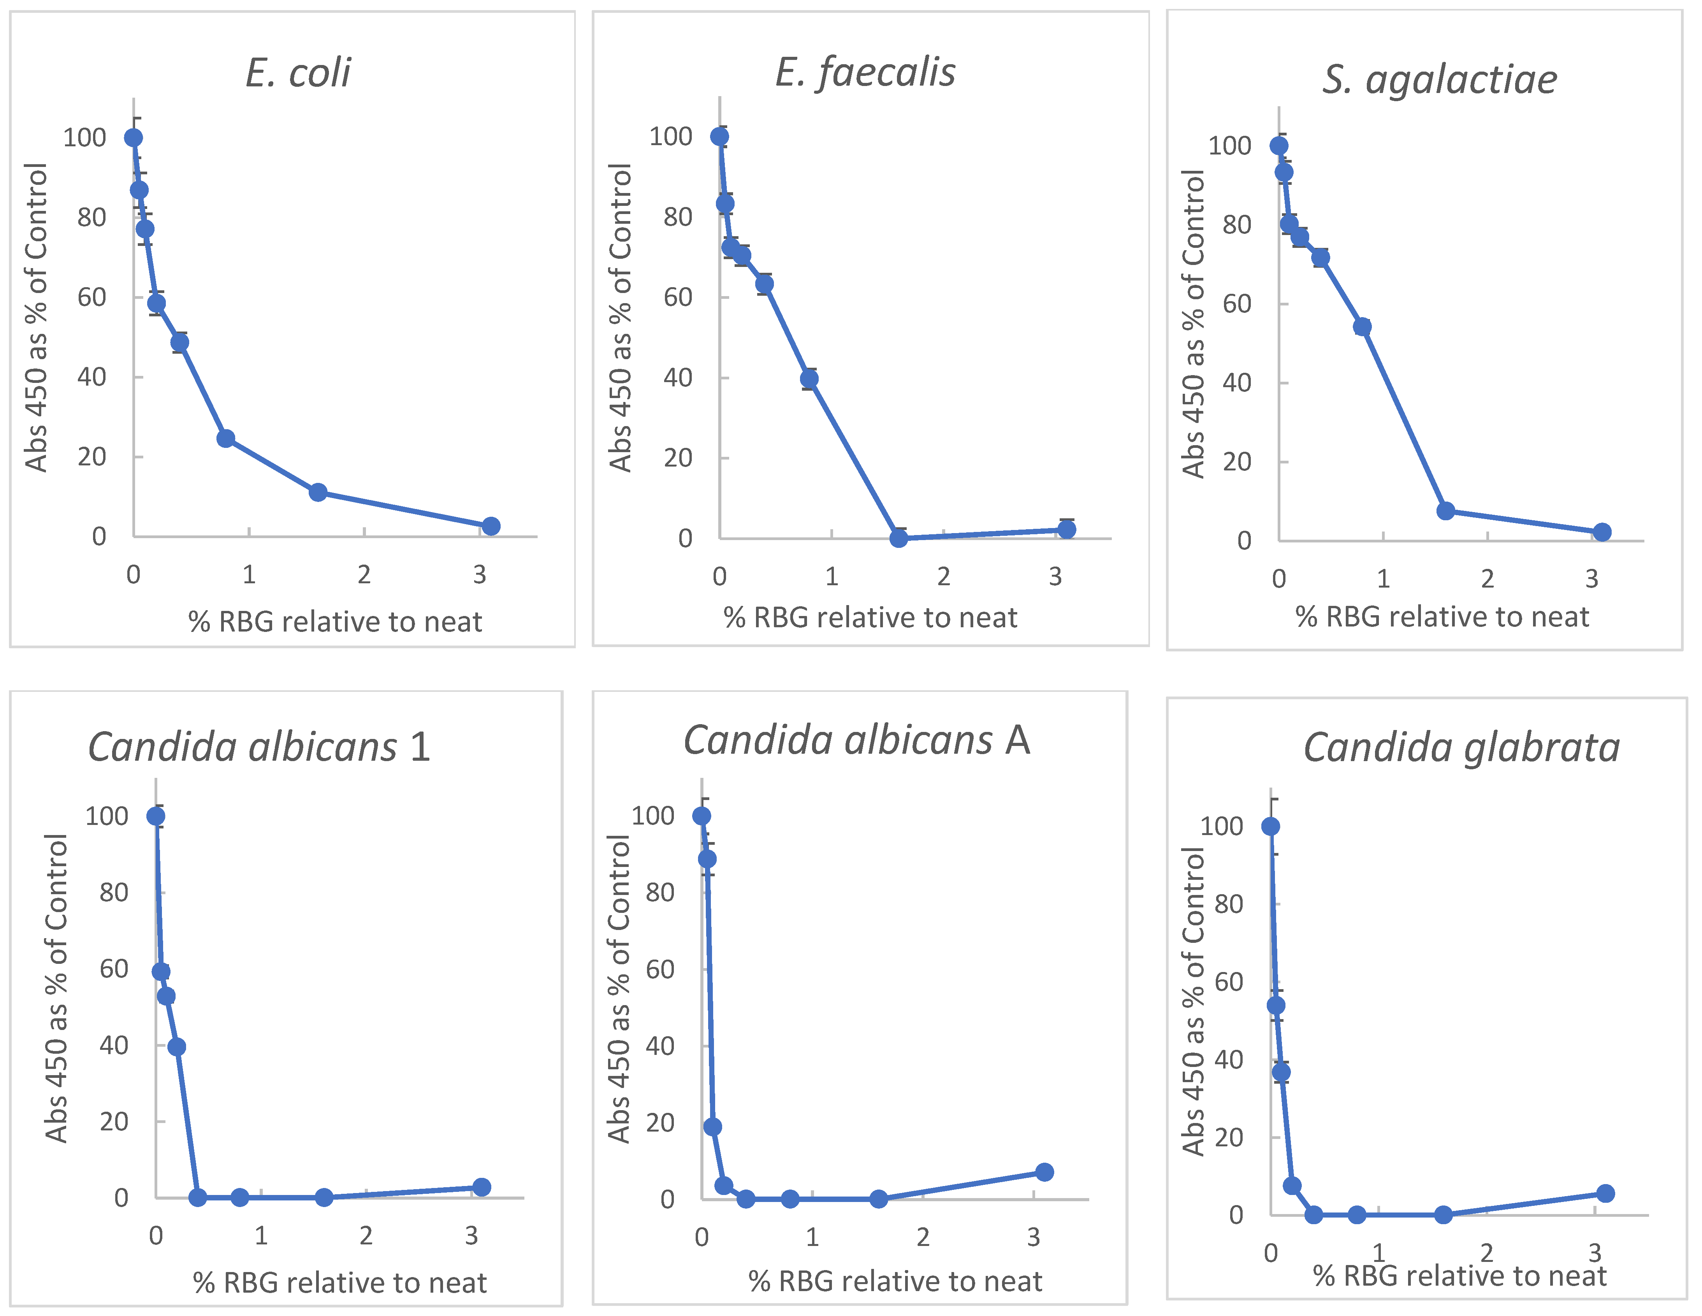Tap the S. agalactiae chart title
pyautogui.click(x=1439, y=79)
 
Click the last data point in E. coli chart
pyautogui.click(x=490, y=526)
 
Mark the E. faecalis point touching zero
pyautogui.click(x=898, y=538)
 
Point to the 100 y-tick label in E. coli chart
pyautogui.click(x=84, y=138)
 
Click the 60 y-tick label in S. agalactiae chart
pyautogui.click(x=1237, y=304)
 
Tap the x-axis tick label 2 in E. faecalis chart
pyautogui.click(x=944, y=577)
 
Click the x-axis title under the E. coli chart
pyautogui.click(x=335, y=622)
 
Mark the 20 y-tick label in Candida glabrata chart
pyautogui.click(x=1229, y=1137)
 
